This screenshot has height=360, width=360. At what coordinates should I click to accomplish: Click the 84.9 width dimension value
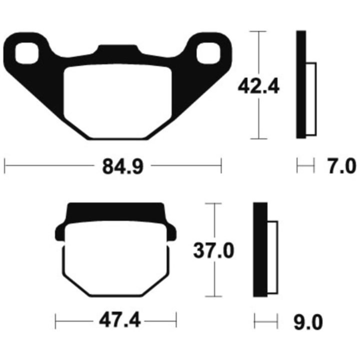[x=123, y=166]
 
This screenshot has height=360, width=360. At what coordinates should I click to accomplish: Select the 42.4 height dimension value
[x=258, y=86]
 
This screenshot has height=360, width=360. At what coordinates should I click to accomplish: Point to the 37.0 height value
[x=214, y=250]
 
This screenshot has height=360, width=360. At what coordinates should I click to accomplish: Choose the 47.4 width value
[x=119, y=321]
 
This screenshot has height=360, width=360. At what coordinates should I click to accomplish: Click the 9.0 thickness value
[x=308, y=322]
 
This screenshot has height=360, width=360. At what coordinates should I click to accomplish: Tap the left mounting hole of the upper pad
[x=26, y=53]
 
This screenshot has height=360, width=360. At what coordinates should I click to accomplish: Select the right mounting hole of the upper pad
[x=208, y=53]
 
